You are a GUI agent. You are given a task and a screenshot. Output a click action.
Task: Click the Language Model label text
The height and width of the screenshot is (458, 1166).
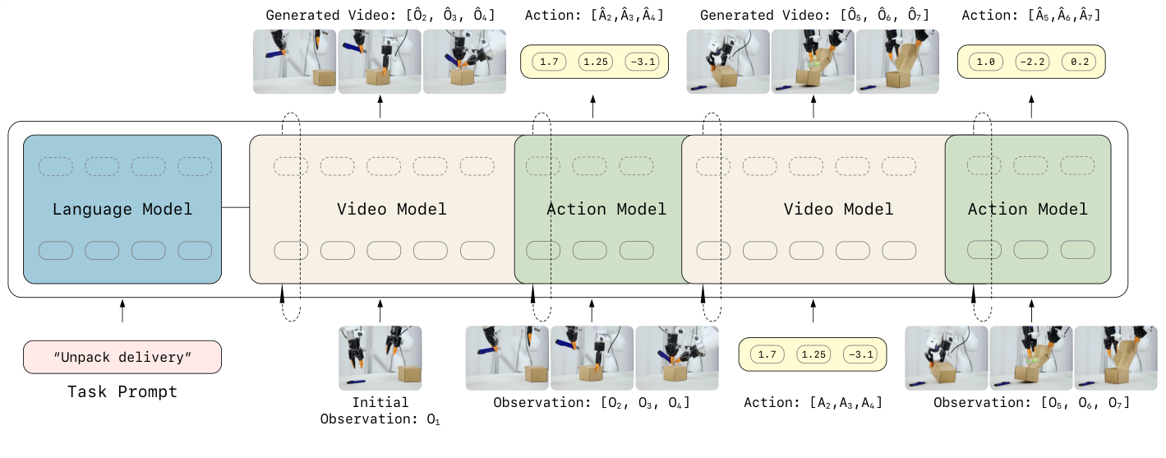[x=122, y=209]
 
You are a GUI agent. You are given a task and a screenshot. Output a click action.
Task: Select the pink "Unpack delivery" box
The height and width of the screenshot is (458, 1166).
[x=122, y=357]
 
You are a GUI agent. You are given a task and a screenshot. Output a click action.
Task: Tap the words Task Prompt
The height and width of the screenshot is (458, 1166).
[x=122, y=391]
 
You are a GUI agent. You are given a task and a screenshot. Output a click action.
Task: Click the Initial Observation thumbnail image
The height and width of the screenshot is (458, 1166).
[x=380, y=358]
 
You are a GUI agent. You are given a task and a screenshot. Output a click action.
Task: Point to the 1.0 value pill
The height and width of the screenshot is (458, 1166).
[x=985, y=62]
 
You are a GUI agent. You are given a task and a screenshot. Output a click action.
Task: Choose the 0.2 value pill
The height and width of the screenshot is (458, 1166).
[x=1078, y=62]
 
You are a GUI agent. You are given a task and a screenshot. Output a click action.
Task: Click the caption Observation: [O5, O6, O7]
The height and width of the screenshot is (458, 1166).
[x=1031, y=403]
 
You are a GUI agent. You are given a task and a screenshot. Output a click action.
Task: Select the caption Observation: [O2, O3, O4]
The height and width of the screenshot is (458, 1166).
[x=592, y=403]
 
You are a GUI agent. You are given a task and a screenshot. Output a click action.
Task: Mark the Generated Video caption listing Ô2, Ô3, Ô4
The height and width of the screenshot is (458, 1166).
[x=380, y=15]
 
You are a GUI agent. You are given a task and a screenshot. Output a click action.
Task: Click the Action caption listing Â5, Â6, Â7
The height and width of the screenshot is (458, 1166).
[x=1032, y=15]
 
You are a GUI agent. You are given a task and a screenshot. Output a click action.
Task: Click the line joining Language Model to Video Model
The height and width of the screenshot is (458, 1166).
[x=236, y=208]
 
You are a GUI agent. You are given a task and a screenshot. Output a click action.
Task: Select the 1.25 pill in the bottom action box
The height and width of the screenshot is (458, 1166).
[x=813, y=354]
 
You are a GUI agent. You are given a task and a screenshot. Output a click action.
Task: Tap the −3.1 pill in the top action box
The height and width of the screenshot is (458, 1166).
[x=641, y=62]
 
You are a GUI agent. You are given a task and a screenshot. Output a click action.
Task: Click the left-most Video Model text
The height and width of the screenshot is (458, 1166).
[x=392, y=209]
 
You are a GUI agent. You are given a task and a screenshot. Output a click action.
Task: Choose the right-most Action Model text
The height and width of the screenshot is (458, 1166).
[x=1027, y=209]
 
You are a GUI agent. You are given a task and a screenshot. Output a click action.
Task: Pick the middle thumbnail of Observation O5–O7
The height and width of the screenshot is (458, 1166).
[x=1031, y=358]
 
